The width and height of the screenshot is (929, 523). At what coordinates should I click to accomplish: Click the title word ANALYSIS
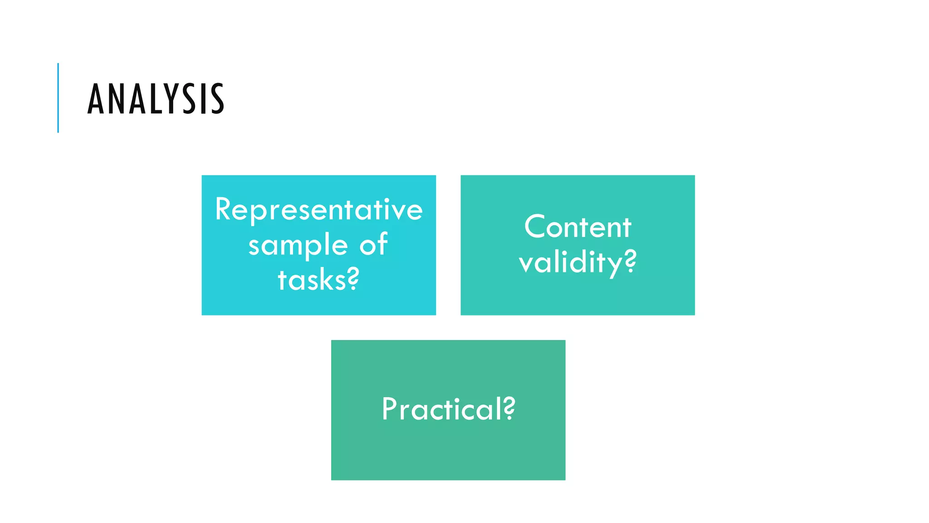pos(156,99)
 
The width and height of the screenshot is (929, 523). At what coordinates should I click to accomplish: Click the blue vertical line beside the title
pos(58,98)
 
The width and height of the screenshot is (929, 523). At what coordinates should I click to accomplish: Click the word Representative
pos(319,210)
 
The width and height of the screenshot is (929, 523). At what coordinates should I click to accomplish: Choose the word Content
pos(577,227)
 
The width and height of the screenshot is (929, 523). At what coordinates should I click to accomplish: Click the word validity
pos(571,262)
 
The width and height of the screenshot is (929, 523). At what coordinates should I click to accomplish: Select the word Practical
pos(442,409)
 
